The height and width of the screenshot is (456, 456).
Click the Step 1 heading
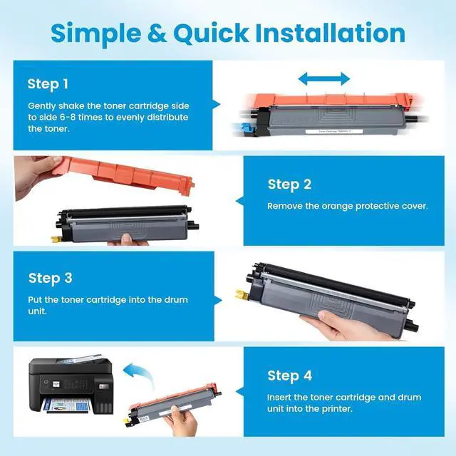48,84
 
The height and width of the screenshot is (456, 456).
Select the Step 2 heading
289,185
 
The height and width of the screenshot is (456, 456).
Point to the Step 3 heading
50,278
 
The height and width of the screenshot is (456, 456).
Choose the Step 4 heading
289,375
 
